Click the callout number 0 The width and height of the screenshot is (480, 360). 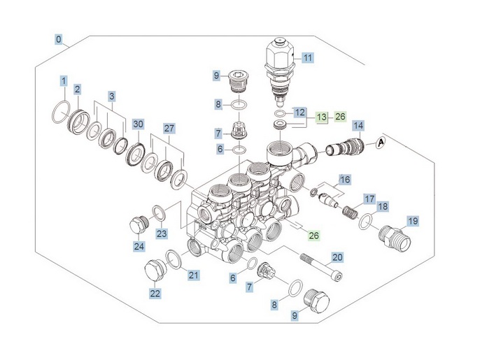point(59,39)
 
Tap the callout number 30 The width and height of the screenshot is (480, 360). point(138,124)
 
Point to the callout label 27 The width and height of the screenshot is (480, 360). point(169,129)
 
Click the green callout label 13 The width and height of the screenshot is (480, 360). point(321,117)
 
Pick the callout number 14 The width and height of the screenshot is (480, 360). point(358,126)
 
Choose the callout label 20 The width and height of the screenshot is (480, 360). point(337,257)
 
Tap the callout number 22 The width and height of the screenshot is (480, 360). point(155,293)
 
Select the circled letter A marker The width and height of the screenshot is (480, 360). point(381,143)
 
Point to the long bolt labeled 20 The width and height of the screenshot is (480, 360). point(323,268)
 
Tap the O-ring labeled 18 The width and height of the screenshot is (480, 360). point(365,222)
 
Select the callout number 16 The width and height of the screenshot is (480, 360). point(343,180)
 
